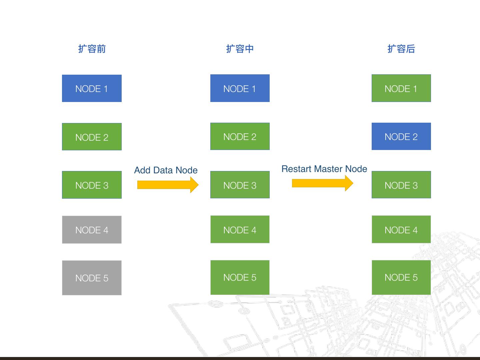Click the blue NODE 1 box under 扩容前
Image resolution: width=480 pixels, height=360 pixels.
(92, 88)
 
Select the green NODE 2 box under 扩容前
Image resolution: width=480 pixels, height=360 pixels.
(92, 137)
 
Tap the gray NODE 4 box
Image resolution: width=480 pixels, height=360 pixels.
(92, 230)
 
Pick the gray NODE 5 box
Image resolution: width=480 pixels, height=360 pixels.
(92, 278)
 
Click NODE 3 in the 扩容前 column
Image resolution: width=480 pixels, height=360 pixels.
(92, 185)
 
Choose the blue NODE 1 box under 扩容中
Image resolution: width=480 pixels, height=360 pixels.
(240, 88)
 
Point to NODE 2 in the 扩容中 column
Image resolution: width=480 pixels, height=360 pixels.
(240, 136)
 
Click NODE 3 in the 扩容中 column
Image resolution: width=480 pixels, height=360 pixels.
(240, 185)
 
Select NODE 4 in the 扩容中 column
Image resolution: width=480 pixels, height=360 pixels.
(240, 229)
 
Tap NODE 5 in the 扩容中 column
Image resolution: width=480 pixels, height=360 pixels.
(240, 277)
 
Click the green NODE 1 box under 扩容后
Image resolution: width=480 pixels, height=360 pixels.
(401, 88)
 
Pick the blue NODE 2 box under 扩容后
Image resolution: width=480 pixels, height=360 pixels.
(401, 136)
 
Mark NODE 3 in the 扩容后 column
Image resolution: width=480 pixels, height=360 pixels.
(401, 185)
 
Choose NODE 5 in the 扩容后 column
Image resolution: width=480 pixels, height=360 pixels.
(401, 277)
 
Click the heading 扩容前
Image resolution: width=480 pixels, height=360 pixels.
(92, 49)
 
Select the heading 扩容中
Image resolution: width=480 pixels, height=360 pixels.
(240, 49)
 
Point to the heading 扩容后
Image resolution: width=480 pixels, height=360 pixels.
(401, 49)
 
